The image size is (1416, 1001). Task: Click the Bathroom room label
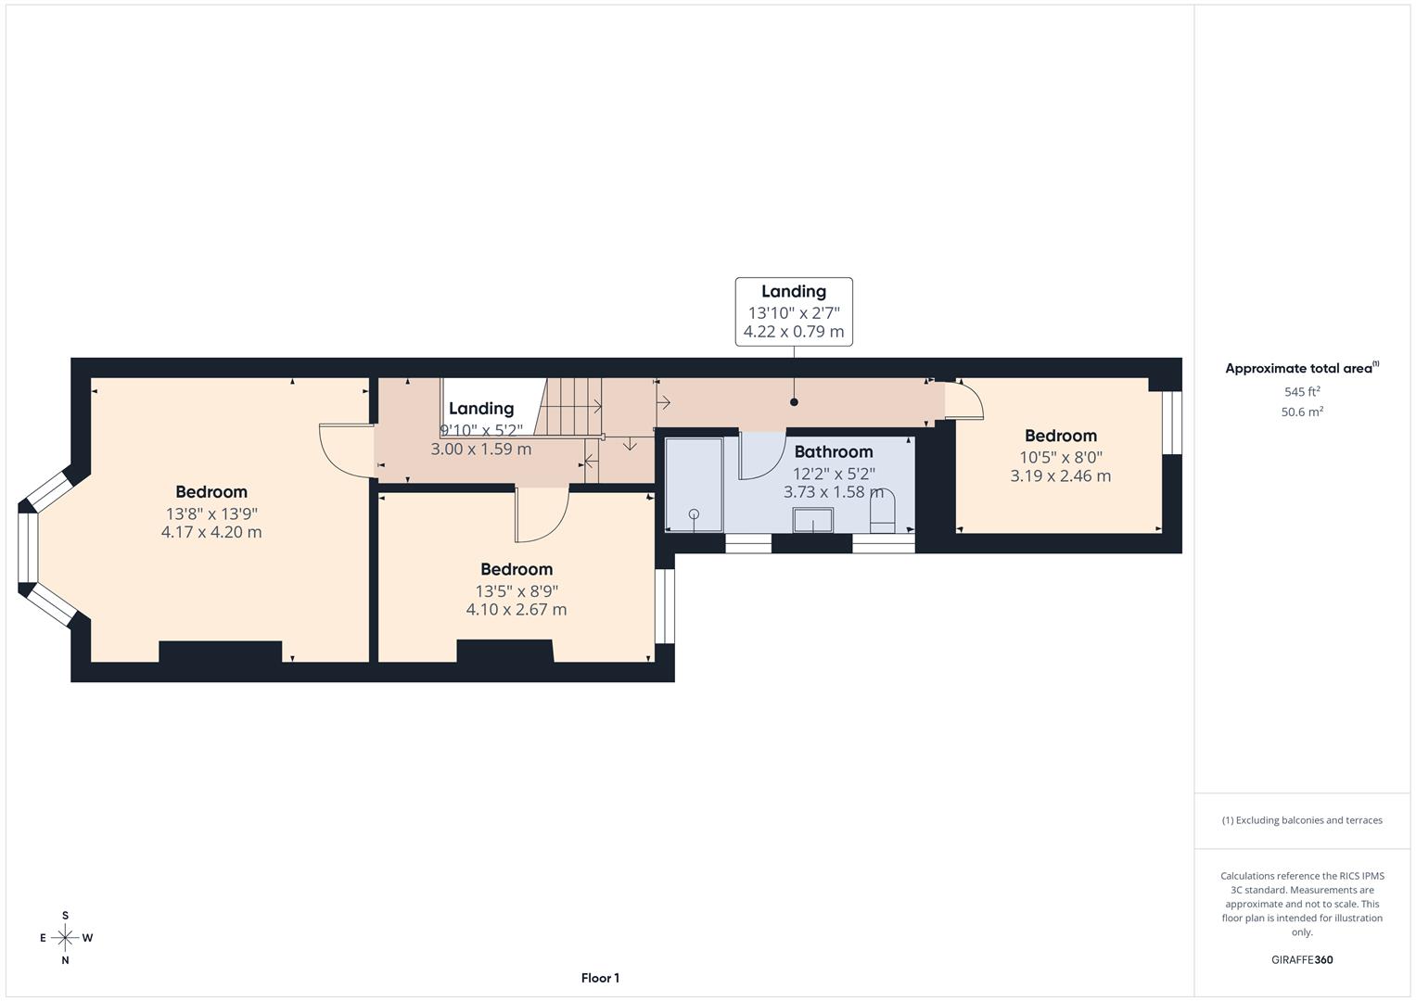pos(833,452)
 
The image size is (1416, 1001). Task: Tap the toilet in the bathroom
pos(882,513)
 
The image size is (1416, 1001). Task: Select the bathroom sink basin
pos(812,520)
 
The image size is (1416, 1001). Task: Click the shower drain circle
pos(694,513)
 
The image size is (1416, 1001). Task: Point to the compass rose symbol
pos(65,938)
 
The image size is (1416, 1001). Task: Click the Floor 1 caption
pos(600,978)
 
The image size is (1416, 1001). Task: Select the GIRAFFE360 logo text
pos(1301,960)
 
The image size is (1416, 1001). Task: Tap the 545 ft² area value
pos(1301,392)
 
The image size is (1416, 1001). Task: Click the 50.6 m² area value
pos(1301,412)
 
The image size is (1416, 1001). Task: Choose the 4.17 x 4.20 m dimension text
pos(211,533)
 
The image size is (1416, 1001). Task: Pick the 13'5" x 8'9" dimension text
pos(517,591)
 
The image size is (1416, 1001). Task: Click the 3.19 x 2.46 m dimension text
pos(1060,476)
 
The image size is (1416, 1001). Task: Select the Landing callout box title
pos(794,292)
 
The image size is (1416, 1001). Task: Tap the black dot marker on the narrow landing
pos(794,402)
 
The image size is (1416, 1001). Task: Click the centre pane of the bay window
pos(27,548)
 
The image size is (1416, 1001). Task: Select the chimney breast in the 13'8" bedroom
pos(220,652)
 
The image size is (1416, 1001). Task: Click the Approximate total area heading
pos(1301,369)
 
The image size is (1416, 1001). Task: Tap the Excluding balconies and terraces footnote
pos(1301,820)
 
